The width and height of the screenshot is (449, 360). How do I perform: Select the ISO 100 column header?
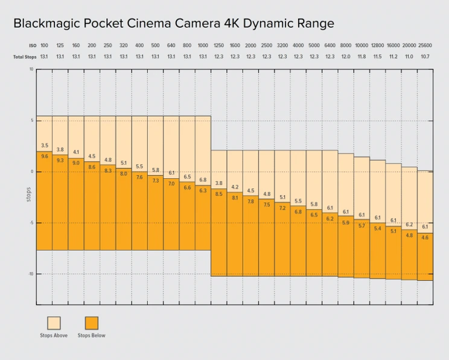click(44, 46)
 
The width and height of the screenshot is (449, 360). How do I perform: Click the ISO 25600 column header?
click(425, 46)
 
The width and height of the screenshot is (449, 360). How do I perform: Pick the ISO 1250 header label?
click(218, 46)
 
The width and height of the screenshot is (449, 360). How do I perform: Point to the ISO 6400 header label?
click(330, 46)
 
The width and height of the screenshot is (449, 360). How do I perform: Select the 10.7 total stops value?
click(425, 56)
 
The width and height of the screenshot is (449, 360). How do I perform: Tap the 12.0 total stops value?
click(346, 56)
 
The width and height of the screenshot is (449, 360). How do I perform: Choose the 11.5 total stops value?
click(377, 56)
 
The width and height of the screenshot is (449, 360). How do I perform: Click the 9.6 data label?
click(44, 156)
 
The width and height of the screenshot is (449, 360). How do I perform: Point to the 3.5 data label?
click(44, 146)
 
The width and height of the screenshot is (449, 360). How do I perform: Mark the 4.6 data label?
click(425, 237)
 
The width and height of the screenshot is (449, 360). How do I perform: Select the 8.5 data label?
click(218, 193)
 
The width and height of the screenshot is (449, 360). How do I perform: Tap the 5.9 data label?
click(346, 222)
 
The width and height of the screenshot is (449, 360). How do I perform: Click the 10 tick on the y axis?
click(31, 69)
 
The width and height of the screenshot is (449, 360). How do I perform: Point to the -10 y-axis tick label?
click(30, 274)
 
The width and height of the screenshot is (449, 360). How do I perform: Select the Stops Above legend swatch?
click(54, 322)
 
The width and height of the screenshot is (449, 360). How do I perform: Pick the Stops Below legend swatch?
click(91, 322)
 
